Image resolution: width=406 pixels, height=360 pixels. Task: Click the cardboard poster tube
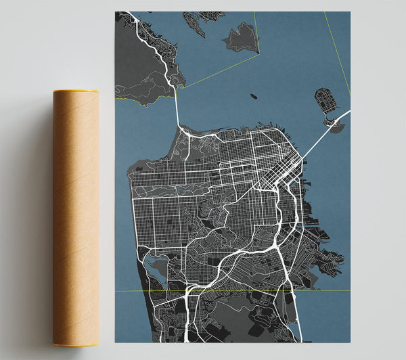coord(76,217)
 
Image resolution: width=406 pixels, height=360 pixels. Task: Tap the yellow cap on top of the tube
coord(76,91)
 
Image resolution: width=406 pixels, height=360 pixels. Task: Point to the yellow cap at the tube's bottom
coord(76,344)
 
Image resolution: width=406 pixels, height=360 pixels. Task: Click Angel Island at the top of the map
coord(241,38)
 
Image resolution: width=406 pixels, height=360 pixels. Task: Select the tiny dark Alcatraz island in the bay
coord(252,96)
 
